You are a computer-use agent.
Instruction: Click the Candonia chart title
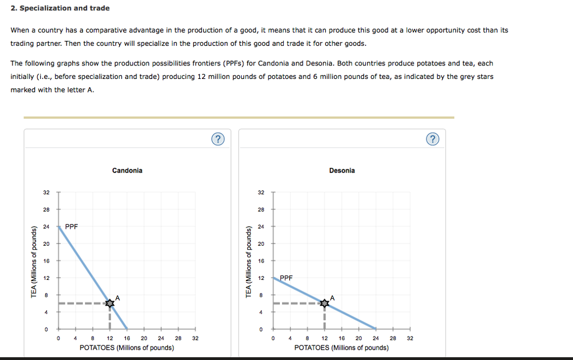click(x=127, y=170)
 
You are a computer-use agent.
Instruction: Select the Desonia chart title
click(x=342, y=170)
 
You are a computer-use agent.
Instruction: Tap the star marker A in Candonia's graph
click(x=110, y=303)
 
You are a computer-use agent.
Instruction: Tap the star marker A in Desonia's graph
click(x=325, y=303)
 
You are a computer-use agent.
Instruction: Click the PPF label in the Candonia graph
click(x=72, y=227)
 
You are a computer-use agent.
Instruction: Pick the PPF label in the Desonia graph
click(x=286, y=278)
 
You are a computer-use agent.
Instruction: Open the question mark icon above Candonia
click(x=218, y=139)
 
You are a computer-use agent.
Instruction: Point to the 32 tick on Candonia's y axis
click(x=46, y=193)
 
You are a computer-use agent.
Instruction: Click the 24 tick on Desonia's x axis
click(x=375, y=338)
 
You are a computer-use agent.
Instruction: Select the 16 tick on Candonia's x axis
click(x=127, y=338)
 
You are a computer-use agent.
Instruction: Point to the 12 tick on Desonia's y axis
click(x=261, y=278)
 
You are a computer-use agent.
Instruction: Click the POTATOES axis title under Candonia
click(x=127, y=348)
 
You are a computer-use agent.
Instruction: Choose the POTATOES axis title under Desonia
click(x=341, y=348)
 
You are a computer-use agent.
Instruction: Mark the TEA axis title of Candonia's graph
click(x=34, y=261)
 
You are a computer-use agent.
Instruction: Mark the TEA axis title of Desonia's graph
click(x=248, y=261)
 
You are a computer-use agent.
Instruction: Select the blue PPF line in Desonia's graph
click(x=350, y=315)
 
